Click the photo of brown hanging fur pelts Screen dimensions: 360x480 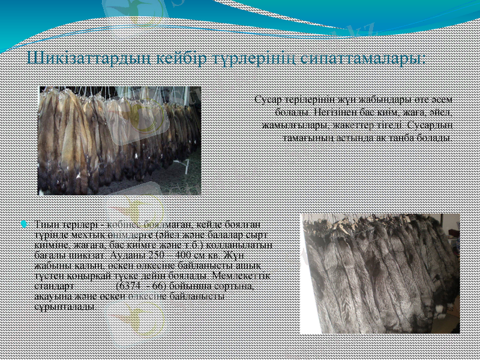tap(120, 140)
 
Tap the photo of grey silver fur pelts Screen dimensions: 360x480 tap(380, 273)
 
